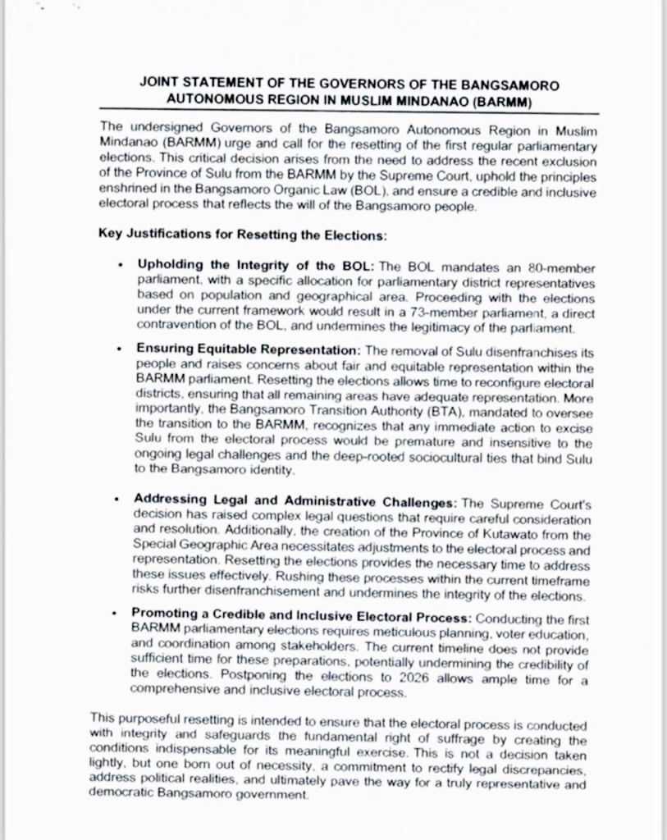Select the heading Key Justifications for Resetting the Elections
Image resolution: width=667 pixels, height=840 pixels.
[x=242, y=235]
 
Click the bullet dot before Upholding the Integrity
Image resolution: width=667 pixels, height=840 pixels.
[x=121, y=267]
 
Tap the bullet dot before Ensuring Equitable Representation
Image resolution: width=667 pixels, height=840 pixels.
[x=121, y=349]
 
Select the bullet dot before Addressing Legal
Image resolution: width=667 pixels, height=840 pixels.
[x=121, y=500]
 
